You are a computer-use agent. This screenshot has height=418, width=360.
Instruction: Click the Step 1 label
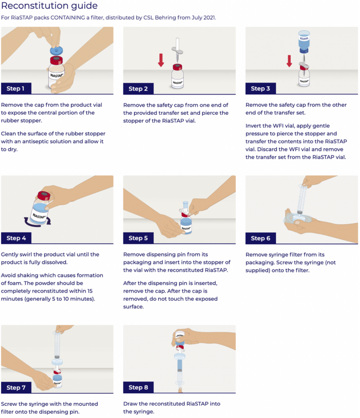pos(16,89)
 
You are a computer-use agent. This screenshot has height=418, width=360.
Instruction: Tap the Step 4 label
pos(16,238)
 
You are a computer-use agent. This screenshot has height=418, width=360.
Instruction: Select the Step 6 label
pos(261,238)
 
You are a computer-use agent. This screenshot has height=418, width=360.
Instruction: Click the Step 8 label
pos(138,388)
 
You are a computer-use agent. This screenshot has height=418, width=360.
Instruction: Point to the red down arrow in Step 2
pos(161,60)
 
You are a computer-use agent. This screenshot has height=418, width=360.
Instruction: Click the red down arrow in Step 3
pos(289,61)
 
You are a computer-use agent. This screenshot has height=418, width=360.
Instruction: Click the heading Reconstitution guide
pos(49,6)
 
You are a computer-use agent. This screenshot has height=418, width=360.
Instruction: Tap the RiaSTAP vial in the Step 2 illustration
pos(177,77)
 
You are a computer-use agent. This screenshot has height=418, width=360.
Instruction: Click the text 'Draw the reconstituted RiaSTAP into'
pos(172,403)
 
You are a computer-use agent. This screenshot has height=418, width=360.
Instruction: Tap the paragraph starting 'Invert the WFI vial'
pos(296,141)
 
